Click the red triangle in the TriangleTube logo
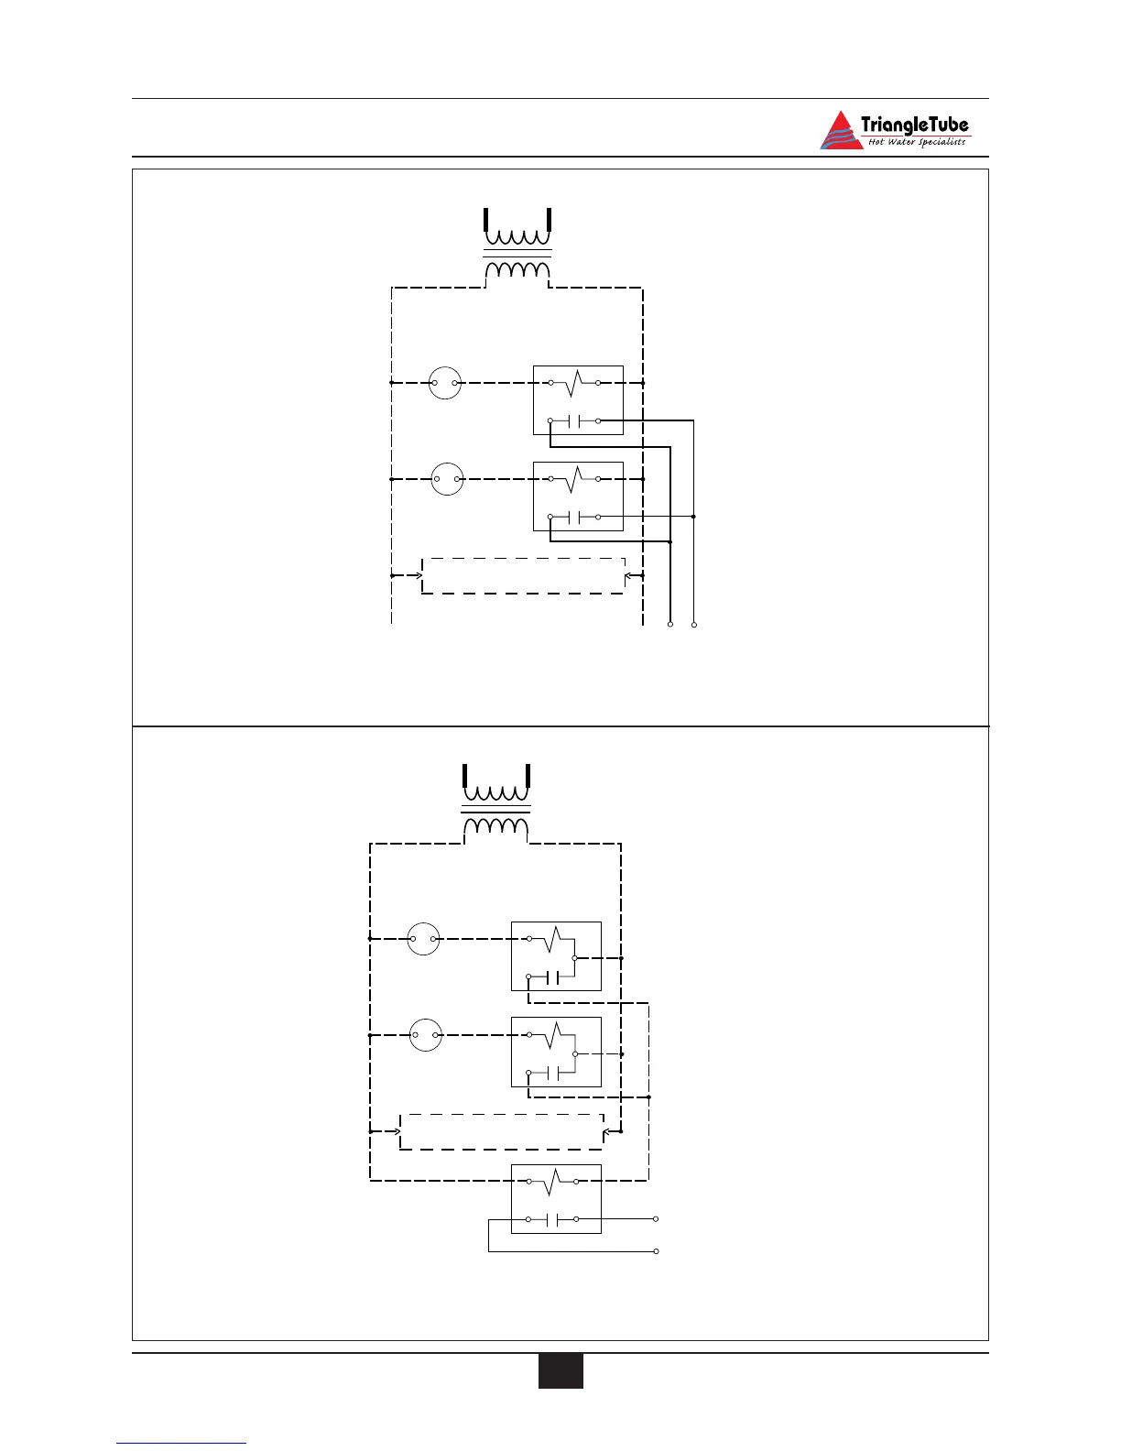840,134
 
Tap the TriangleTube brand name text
914,125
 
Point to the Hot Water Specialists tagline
916,142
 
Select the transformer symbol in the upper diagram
517,245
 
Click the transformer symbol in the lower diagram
496,802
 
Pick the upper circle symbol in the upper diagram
446,383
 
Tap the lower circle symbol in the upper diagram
447,479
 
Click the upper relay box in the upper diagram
578,400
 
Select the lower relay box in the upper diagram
578,496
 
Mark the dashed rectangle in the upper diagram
523,575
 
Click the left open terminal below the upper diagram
670,625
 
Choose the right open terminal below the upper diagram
694,625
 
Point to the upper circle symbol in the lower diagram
423,939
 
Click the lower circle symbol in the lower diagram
425,1035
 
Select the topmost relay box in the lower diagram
556,956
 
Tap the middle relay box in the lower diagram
556,1052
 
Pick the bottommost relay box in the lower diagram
556,1199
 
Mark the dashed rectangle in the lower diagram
502,1131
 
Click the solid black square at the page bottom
560,1370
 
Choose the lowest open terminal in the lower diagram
657,1251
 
